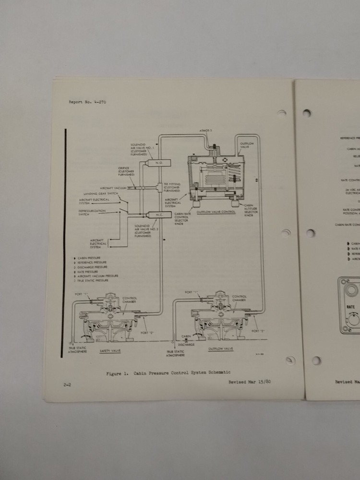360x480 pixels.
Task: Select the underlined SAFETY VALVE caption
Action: pyautogui.click(x=110, y=351)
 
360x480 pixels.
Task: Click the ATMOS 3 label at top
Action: pyautogui.click(x=206, y=131)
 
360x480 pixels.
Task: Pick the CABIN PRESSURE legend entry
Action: pyautogui.click(x=87, y=258)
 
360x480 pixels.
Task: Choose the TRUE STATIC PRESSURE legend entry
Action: pyautogui.click(x=95, y=281)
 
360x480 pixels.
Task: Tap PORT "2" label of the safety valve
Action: pyautogui.click(x=148, y=330)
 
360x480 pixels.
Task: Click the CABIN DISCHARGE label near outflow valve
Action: pyautogui.click(x=187, y=341)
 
